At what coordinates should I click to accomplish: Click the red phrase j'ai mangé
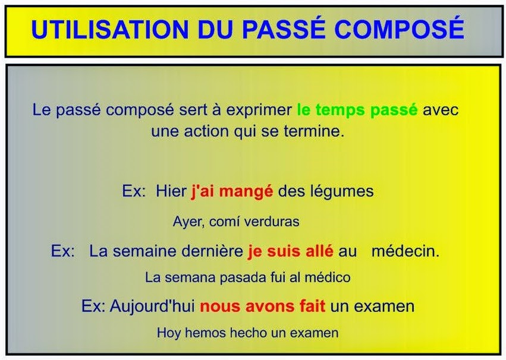(231, 191)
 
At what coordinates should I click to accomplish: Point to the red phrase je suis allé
(290, 251)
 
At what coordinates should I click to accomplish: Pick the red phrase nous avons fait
(262, 307)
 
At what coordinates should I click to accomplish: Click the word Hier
(171, 191)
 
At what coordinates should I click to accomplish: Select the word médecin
(405, 251)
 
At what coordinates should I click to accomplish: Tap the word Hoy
(168, 333)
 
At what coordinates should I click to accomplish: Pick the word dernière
(212, 251)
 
